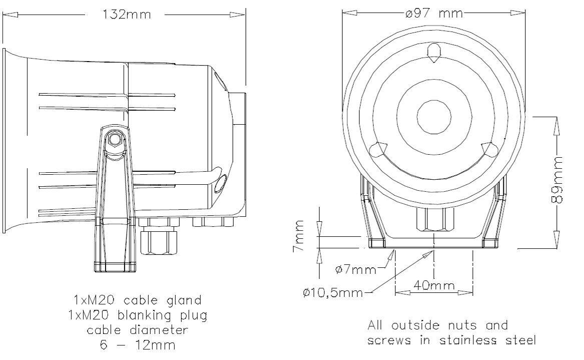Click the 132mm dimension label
click(127, 15)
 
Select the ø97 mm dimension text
click(434, 14)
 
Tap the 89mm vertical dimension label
click(557, 180)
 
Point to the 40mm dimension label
click(434, 285)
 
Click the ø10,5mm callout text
click(333, 293)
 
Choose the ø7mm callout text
click(356, 269)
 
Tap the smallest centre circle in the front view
click(434, 117)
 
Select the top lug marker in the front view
click(434, 53)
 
